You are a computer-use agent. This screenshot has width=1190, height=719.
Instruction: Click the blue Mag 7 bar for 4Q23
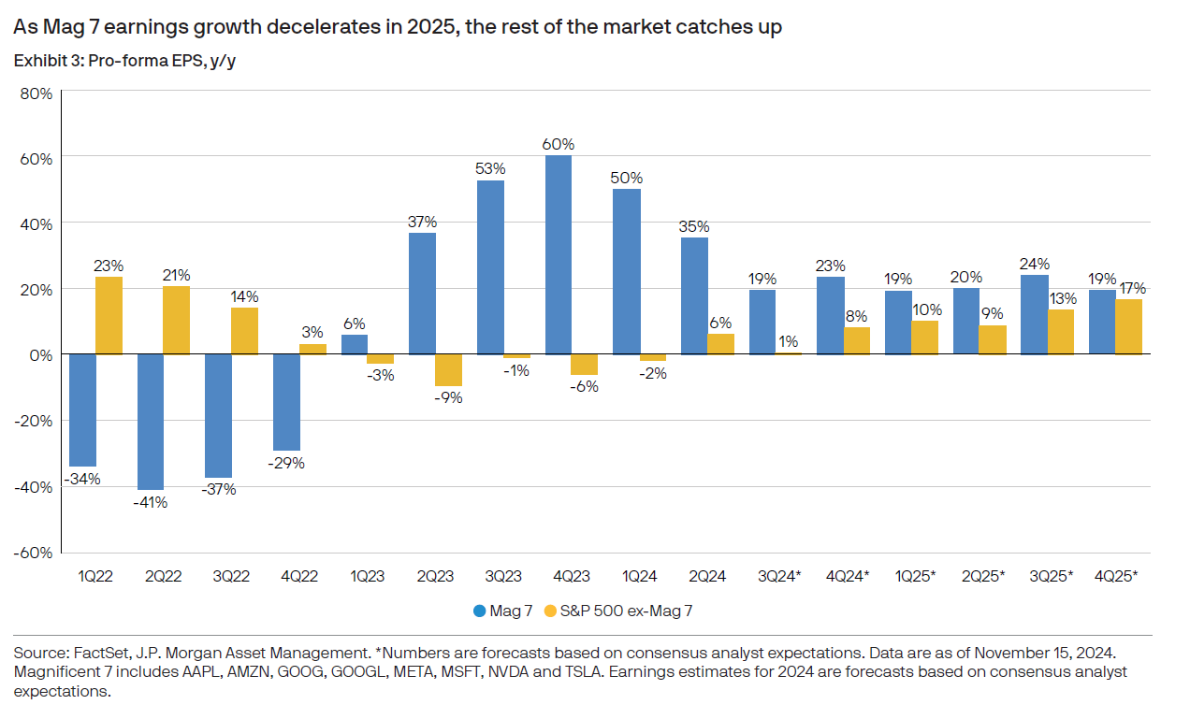(x=559, y=254)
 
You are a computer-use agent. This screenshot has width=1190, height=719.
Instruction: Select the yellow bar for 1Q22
(x=109, y=315)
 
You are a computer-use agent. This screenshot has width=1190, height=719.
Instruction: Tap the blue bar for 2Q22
(x=151, y=422)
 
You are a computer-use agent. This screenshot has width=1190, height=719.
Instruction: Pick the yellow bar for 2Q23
(x=449, y=370)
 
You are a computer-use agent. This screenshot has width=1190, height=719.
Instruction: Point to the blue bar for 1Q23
(x=355, y=344)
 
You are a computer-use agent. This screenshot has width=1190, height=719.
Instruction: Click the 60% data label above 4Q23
(x=559, y=145)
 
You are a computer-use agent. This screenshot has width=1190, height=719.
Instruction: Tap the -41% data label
(x=151, y=502)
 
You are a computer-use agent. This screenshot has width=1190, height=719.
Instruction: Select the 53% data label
(x=490, y=169)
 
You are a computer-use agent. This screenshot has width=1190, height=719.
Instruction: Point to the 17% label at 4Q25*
(x=1130, y=289)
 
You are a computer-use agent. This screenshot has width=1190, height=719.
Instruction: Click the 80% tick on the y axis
(x=35, y=93)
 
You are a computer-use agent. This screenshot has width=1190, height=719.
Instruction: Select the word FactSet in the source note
(x=94, y=652)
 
